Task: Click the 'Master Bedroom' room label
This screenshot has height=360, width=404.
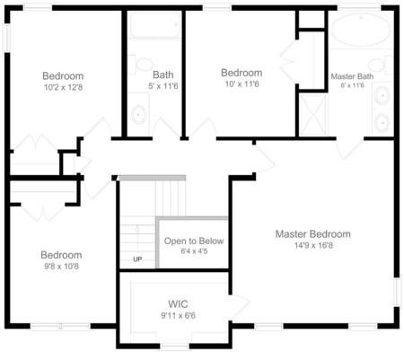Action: (312, 234)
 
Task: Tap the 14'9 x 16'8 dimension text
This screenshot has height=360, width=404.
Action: (312, 245)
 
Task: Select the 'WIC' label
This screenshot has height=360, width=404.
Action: (177, 304)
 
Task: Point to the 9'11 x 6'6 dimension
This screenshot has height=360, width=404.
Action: (177, 315)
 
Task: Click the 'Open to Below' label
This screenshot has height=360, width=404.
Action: (193, 241)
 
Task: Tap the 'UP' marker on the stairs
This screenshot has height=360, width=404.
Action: (137, 260)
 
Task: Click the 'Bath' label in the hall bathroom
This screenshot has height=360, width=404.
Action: (163, 75)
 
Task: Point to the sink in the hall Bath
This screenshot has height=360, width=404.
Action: (138, 115)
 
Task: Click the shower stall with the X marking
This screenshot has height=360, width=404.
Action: (313, 117)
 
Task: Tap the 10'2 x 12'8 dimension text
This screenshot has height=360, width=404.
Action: (63, 87)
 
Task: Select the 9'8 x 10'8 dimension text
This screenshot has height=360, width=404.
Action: (61, 267)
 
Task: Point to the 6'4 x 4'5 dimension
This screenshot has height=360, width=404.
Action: (193, 252)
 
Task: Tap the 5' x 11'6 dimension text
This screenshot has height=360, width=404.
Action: (163, 85)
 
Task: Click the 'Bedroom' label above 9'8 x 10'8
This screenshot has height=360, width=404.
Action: (61, 255)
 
